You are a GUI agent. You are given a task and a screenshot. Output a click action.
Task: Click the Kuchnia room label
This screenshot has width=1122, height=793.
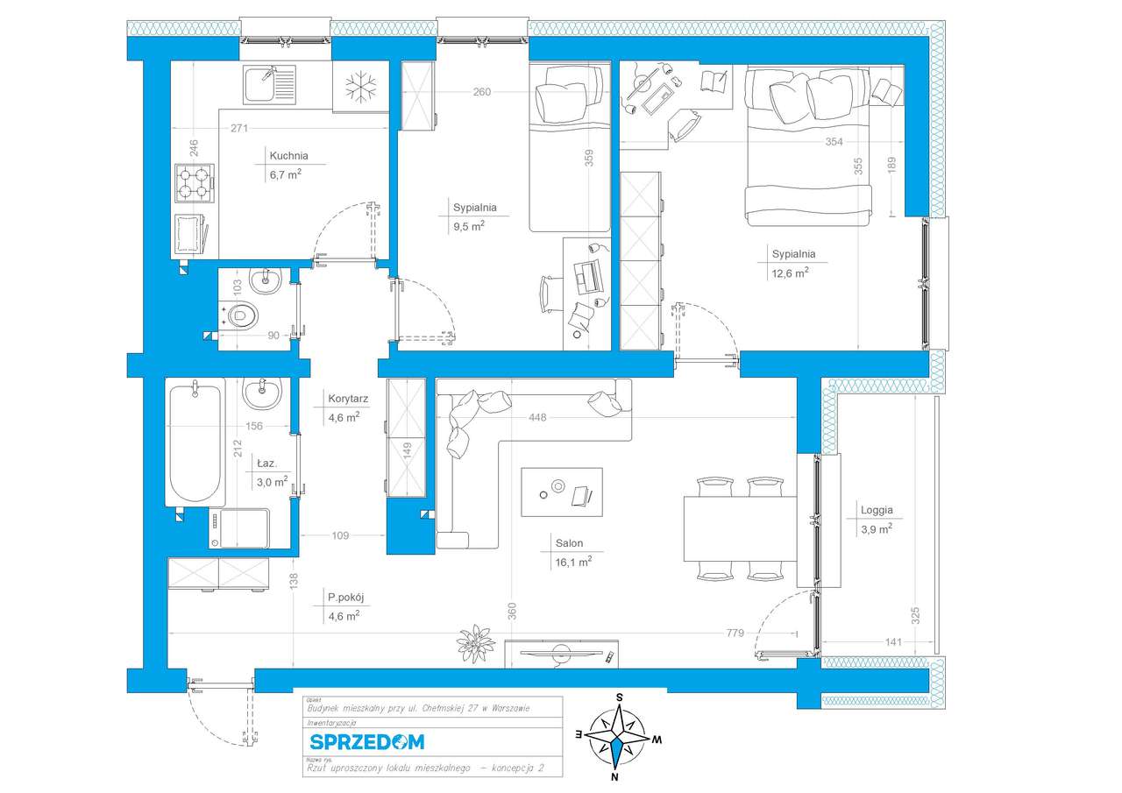pos(288,156)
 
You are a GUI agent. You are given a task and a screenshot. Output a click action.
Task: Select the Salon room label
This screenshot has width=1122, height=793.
pos(568,543)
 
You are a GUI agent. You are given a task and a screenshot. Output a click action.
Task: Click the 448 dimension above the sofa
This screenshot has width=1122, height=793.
pos(536,418)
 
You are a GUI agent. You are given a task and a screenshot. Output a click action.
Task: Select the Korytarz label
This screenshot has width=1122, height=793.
pos(347,398)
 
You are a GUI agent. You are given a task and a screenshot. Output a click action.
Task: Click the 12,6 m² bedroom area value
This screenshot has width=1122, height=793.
pos(790,273)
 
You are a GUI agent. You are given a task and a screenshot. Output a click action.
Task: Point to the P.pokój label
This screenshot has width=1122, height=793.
pos(345,598)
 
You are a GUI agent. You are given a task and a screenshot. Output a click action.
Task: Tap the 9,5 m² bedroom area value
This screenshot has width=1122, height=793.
pos(469,226)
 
